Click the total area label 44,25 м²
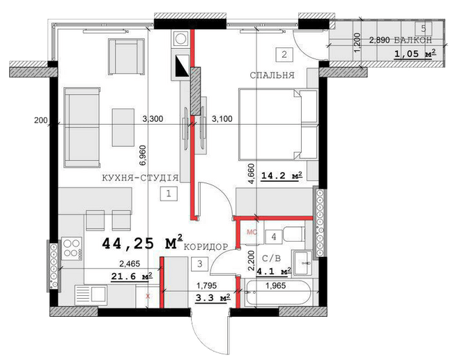(x=142, y=242)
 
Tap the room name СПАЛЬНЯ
(x=272, y=75)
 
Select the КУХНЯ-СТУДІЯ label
(x=140, y=178)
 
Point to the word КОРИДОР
(x=206, y=247)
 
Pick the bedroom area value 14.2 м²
(x=282, y=175)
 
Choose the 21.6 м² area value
(x=132, y=276)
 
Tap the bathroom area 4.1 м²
(x=274, y=272)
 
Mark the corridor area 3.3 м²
(x=213, y=297)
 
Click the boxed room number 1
(x=169, y=194)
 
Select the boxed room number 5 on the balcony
(x=424, y=29)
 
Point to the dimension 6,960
(x=144, y=155)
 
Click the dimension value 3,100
(x=222, y=118)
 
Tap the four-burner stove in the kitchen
(x=72, y=249)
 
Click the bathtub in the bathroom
(x=277, y=292)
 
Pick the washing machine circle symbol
(x=181, y=39)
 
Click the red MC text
(x=252, y=232)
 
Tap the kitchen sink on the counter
(x=91, y=295)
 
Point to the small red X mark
(x=148, y=296)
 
